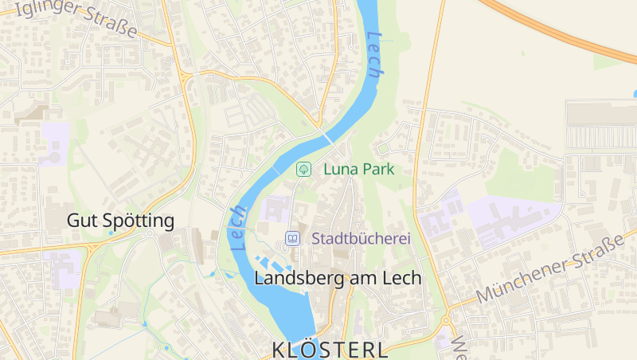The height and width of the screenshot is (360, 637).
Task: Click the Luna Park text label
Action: (x=358, y=169)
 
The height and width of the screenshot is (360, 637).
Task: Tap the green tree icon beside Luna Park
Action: (x=303, y=169)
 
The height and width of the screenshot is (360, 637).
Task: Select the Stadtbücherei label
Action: (x=361, y=238)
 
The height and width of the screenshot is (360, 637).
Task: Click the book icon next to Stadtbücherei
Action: (x=293, y=238)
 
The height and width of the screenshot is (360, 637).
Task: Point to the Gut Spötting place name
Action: (x=120, y=221)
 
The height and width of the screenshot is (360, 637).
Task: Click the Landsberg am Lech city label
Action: (x=338, y=278)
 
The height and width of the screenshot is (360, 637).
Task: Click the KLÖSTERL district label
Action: (x=330, y=350)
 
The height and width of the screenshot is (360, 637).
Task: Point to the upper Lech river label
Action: (x=375, y=53)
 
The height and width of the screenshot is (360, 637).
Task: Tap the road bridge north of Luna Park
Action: (x=326, y=137)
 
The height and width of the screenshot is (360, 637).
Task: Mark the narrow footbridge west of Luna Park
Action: (x=276, y=170)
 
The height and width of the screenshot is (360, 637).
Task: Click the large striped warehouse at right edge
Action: (x=600, y=125)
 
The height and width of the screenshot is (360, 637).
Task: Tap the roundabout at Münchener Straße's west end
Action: (x=447, y=321)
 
